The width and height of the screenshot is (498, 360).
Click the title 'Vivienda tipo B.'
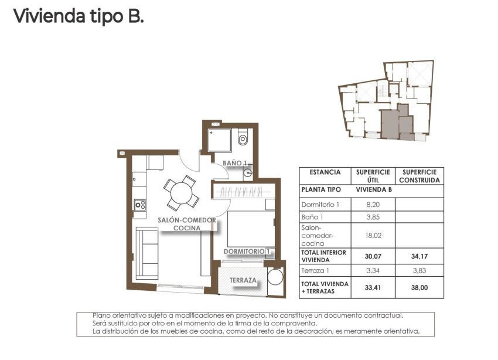(78, 16)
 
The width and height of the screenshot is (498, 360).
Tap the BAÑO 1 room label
(237, 164)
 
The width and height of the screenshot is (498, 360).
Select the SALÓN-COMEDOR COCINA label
(187, 224)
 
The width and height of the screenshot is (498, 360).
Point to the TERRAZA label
(243, 280)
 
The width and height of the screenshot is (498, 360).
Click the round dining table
(181, 193)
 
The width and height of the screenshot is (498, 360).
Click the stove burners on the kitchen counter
(140, 205)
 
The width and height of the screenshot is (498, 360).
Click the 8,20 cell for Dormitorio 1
(373, 205)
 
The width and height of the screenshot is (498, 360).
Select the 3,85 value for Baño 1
(373, 218)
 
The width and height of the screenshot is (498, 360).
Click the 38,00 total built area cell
(419, 288)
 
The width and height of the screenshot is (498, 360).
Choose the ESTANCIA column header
(325, 172)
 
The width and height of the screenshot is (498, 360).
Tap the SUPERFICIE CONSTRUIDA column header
(419, 176)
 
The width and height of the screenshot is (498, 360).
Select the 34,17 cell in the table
(419, 256)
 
